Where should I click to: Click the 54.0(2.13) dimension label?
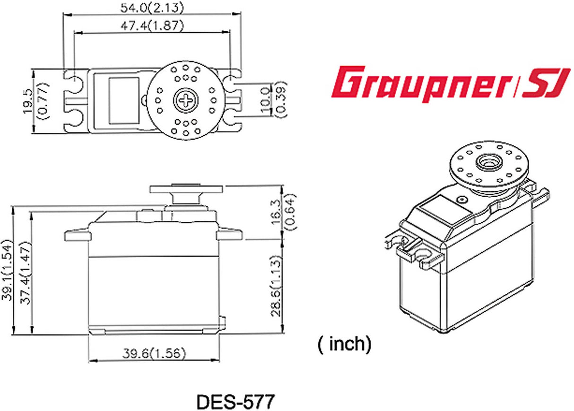pos(152,8)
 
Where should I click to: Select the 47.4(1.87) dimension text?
pos(152,26)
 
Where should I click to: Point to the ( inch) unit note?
pos(344,344)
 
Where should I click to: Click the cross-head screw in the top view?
pos(185,100)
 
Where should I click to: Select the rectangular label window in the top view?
pos(124,100)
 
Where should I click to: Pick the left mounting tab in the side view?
pos(77,235)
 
